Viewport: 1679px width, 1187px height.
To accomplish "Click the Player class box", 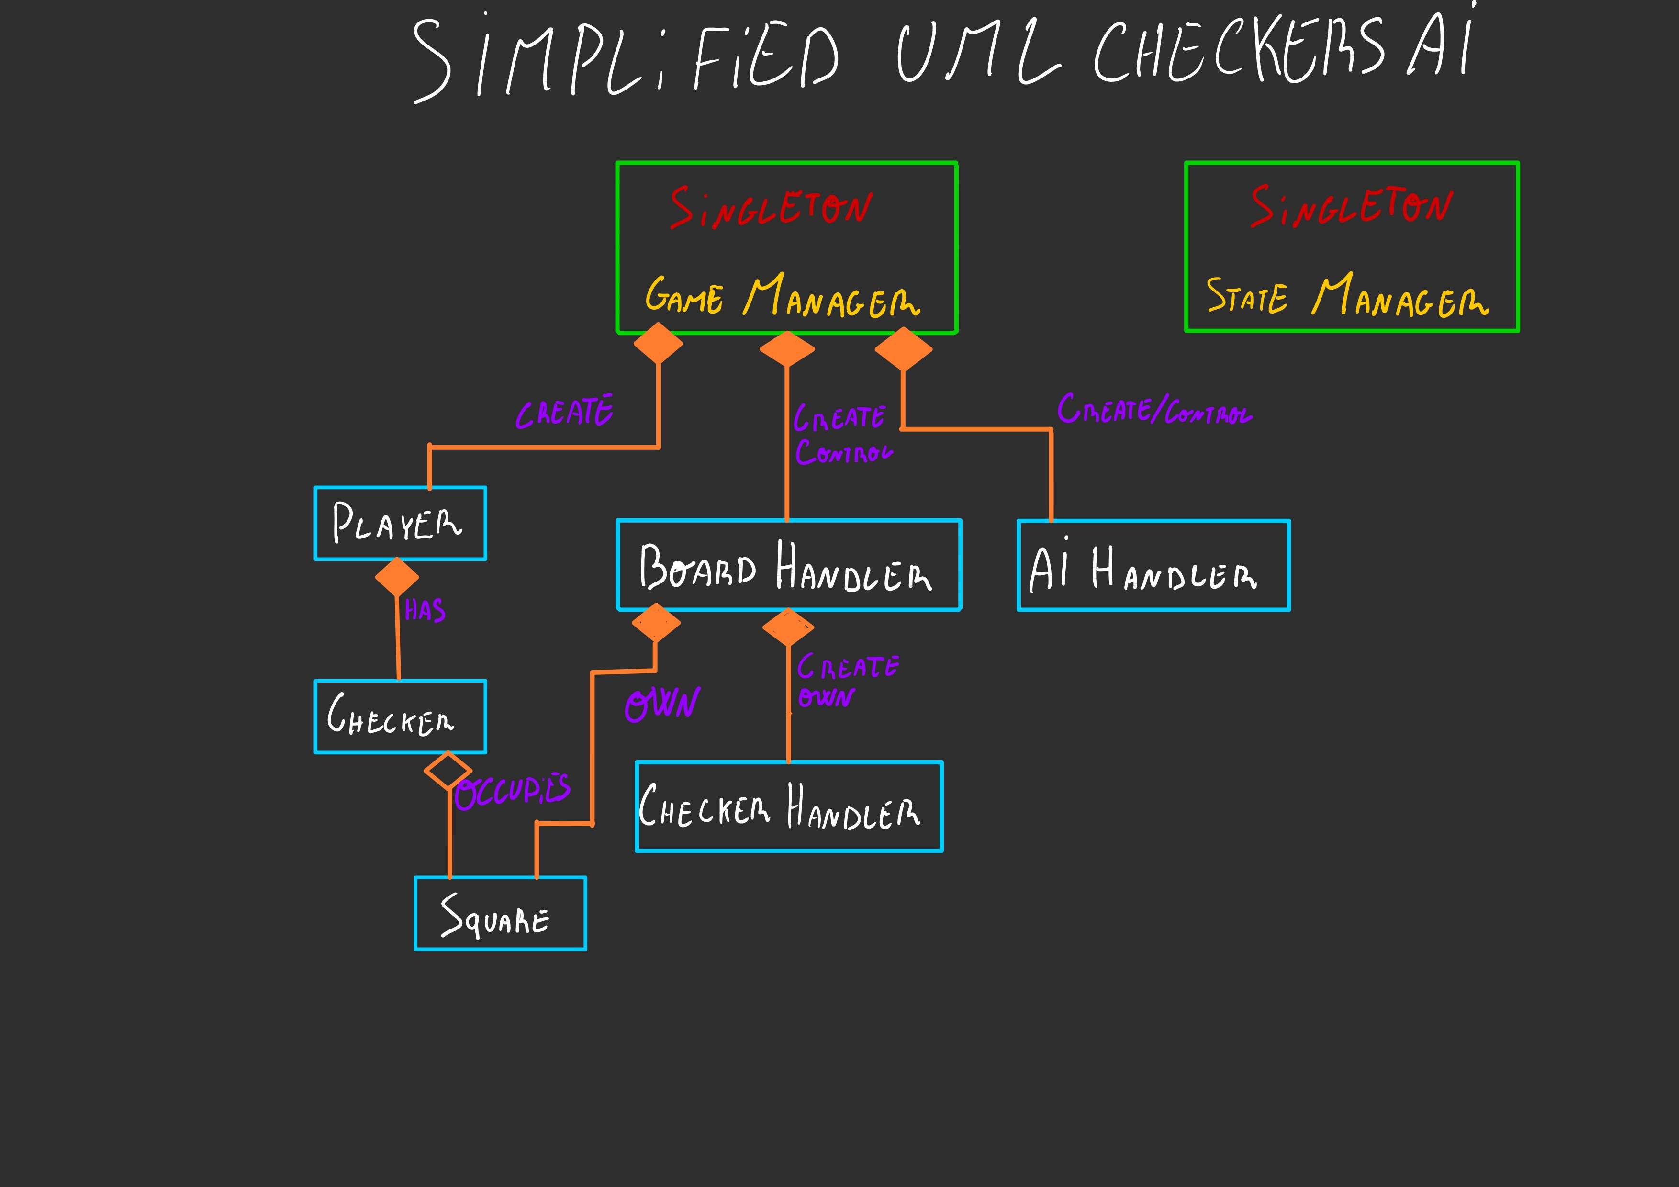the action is pyautogui.click(x=400, y=524).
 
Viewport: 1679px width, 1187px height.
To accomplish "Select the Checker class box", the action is pyautogui.click(x=400, y=717).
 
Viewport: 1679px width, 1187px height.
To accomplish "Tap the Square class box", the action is pyautogui.click(x=500, y=914).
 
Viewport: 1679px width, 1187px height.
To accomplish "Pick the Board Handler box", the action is pyautogui.click(x=788, y=565).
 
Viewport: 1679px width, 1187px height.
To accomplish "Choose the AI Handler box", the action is pyautogui.click(x=1153, y=565).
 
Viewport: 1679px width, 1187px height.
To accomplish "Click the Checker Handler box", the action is pyautogui.click(x=789, y=806).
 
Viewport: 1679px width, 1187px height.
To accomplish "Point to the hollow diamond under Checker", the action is pyautogui.click(x=448, y=770).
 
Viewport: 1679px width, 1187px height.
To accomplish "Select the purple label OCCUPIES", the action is pyautogui.click(x=513, y=791).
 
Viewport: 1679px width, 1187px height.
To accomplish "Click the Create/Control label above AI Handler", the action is pyautogui.click(x=1154, y=410).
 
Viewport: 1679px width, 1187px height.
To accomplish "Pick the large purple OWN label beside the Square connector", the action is pyautogui.click(x=662, y=704).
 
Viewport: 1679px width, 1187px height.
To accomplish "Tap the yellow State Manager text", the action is pyautogui.click(x=1347, y=296).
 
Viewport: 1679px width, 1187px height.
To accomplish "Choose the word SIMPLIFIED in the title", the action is pyautogui.click(x=625, y=58).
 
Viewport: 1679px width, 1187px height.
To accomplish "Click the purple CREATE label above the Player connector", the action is pyautogui.click(x=565, y=413).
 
